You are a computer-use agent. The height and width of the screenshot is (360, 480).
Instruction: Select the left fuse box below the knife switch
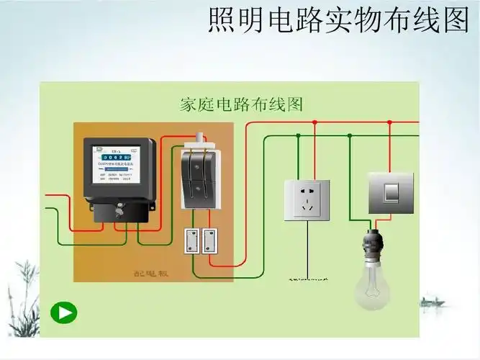(192, 241)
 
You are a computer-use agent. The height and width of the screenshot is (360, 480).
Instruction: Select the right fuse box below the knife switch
(209, 241)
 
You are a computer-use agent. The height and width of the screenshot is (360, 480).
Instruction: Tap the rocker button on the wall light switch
(391, 192)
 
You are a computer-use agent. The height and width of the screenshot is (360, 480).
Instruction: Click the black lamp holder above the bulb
(373, 242)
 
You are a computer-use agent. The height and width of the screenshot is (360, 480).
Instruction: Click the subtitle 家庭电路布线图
(240, 104)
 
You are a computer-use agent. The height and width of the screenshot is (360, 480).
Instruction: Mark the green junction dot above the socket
(298, 135)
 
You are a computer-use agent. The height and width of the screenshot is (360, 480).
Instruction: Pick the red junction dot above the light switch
(389, 122)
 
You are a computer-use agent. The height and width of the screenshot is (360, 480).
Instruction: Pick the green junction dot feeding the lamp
(350, 135)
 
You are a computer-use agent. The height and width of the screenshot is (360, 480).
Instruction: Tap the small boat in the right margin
(432, 302)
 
